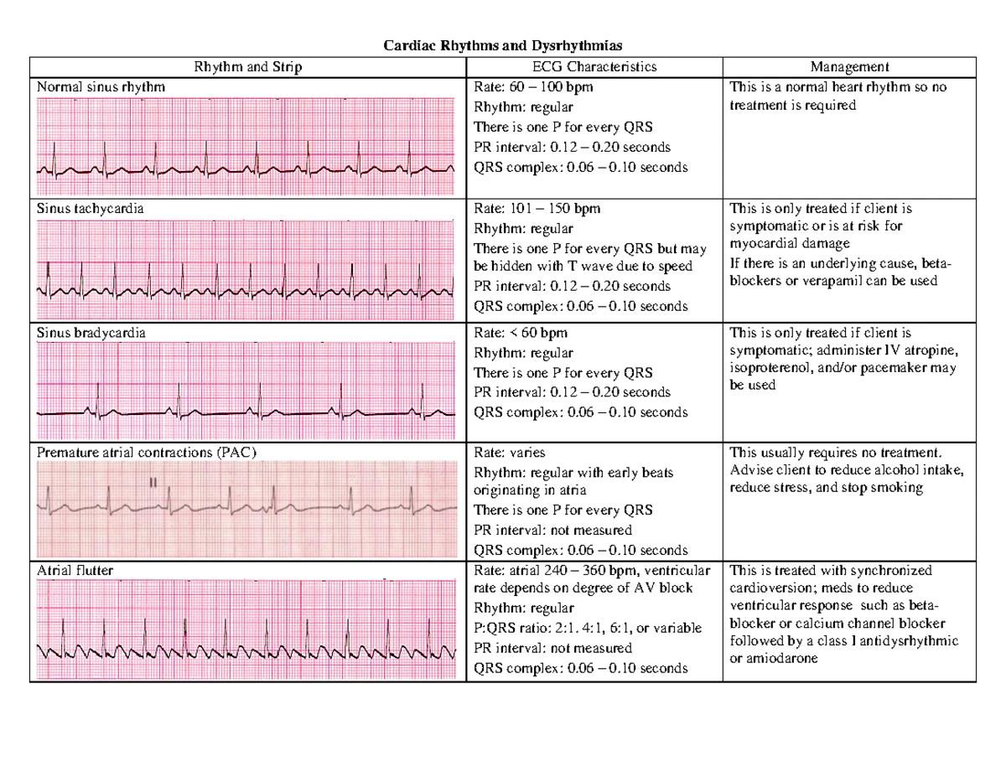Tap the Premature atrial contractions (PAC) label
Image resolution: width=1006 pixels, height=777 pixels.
click(147, 453)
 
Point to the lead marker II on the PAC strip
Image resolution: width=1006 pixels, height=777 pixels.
click(153, 483)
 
